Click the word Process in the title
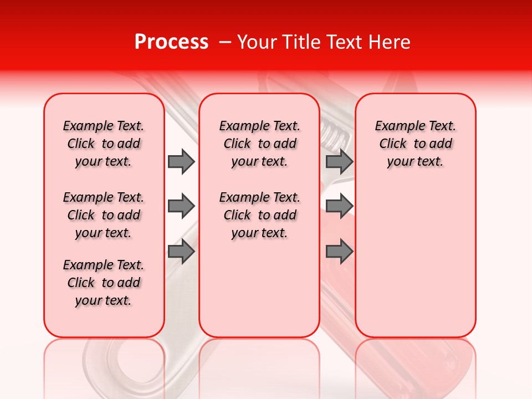point(171,42)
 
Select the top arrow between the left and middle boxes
point(181,161)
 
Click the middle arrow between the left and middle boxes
point(181,207)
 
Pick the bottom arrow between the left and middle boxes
point(181,252)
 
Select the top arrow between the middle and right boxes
point(339,161)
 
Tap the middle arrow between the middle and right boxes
point(339,207)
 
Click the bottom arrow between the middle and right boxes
point(339,252)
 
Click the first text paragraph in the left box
point(104,144)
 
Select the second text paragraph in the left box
point(104,215)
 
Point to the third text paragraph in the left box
point(104,283)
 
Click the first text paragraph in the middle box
point(259,144)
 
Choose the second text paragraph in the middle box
point(259,215)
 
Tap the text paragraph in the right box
point(415,144)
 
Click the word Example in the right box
point(395,126)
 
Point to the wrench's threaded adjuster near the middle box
point(334,133)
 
